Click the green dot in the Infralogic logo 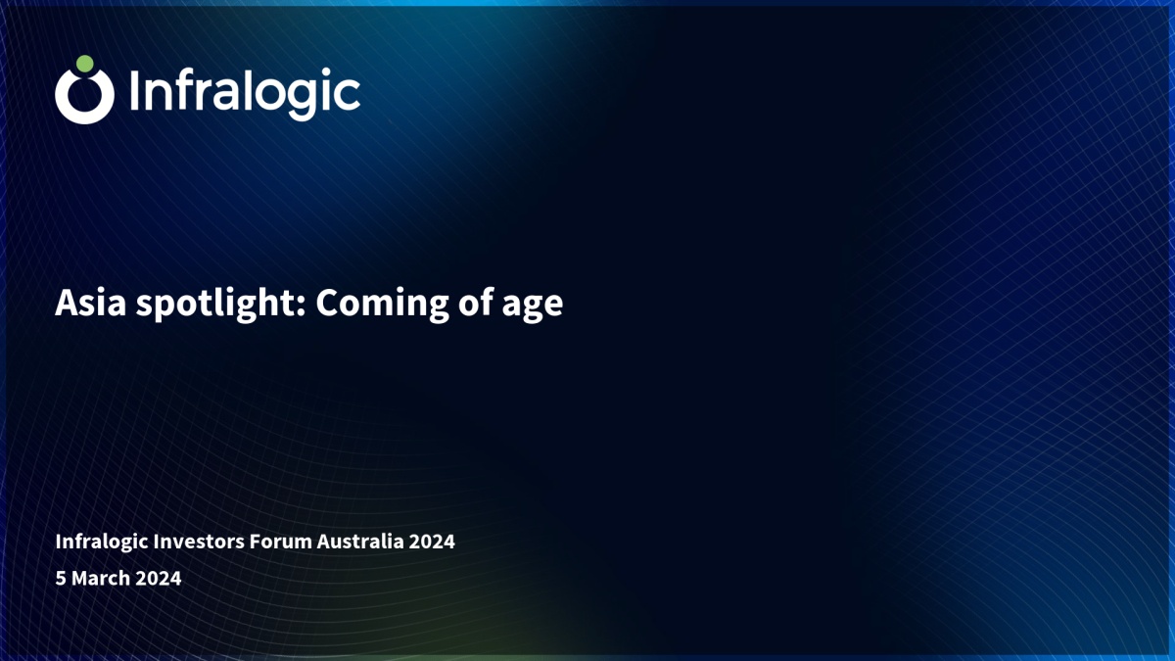(84, 64)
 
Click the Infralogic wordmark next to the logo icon (245, 94)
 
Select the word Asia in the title (91, 303)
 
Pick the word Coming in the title (383, 305)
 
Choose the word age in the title (533, 307)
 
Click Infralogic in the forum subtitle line (102, 542)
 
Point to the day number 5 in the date (61, 578)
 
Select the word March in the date (101, 578)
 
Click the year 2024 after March (159, 578)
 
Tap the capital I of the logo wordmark (134, 91)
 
